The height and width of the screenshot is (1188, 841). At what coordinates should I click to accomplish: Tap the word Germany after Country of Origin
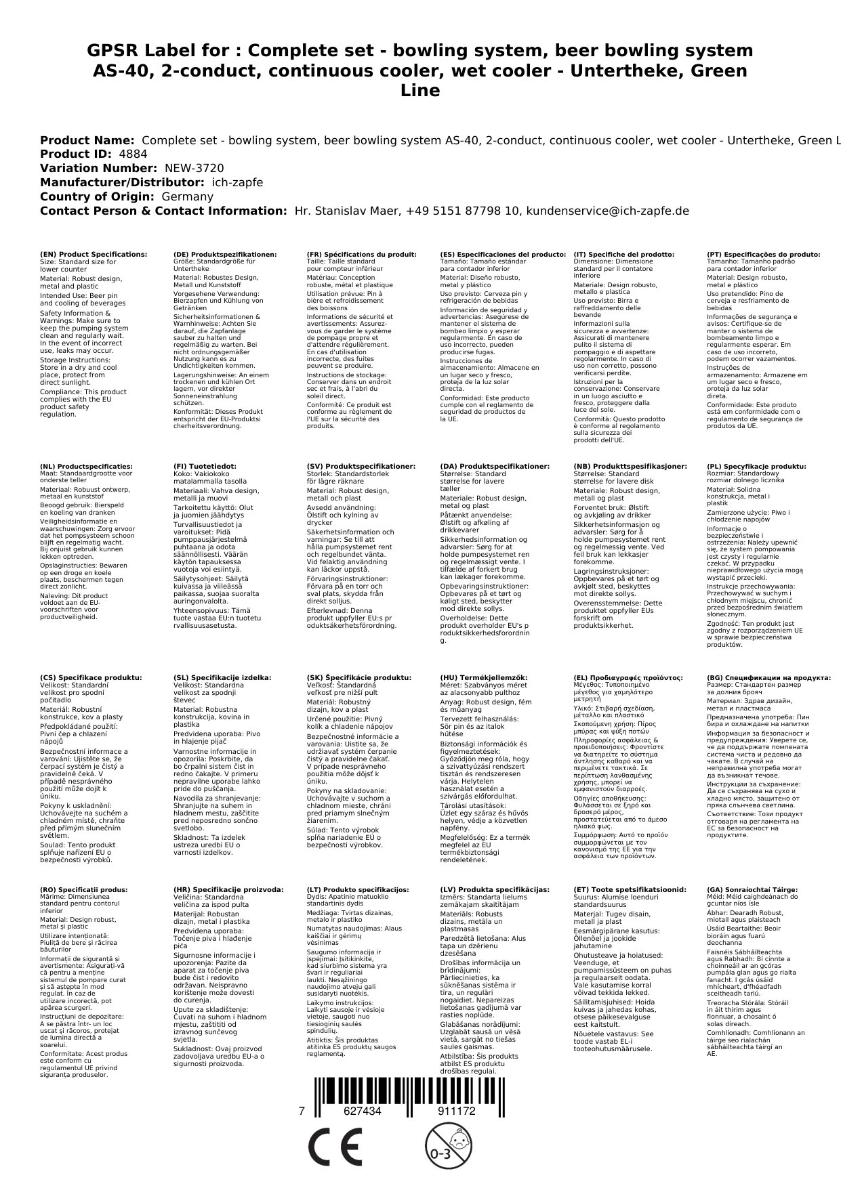pyautogui.click(x=187, y=196)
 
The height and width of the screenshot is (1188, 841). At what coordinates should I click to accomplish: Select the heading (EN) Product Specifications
pyautogui.click(x=94, y=255)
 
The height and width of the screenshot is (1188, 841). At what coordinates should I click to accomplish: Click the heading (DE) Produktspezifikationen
pyautogui.click(x=225, y=255)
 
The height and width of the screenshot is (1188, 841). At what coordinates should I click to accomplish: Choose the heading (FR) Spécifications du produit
pyautogui.click(x=361, y=255)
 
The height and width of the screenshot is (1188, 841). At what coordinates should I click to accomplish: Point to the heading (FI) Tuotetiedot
pyautogui.click(x=205, y=467)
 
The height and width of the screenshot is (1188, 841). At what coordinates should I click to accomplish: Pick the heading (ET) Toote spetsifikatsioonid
pyautogui.click(x=630, y=889)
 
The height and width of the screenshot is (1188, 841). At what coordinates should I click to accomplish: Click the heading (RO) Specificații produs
pyautogui.click(x=83, y=889)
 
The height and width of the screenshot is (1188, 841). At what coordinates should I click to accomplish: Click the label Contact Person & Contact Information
pyautogui.click(x=163, y=211)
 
